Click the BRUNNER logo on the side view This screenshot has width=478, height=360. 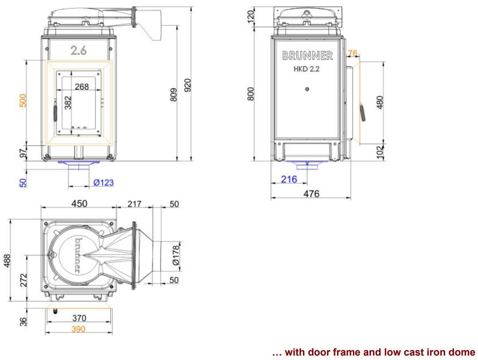307,55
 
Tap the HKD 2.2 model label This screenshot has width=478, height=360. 307,69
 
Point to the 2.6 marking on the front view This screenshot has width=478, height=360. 78,50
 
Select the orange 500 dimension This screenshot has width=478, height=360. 23,101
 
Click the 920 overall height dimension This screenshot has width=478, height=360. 188,85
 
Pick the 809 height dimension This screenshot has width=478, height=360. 173,95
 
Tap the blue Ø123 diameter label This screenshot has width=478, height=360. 103,182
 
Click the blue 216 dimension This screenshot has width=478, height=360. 289,179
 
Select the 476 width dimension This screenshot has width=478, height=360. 311,194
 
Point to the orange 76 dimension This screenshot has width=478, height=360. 352,53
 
